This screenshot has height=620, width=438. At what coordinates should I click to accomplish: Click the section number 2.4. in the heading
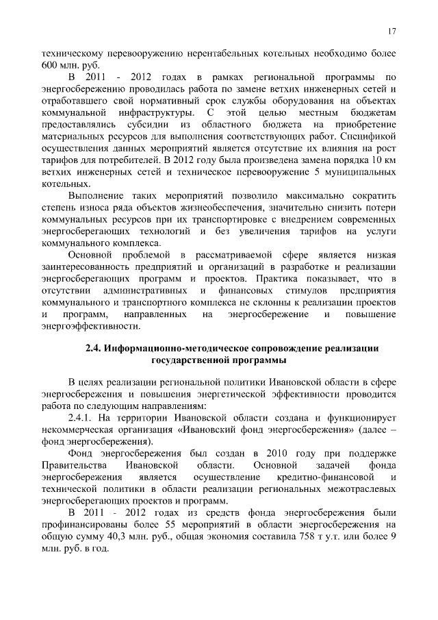coord(94,348)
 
